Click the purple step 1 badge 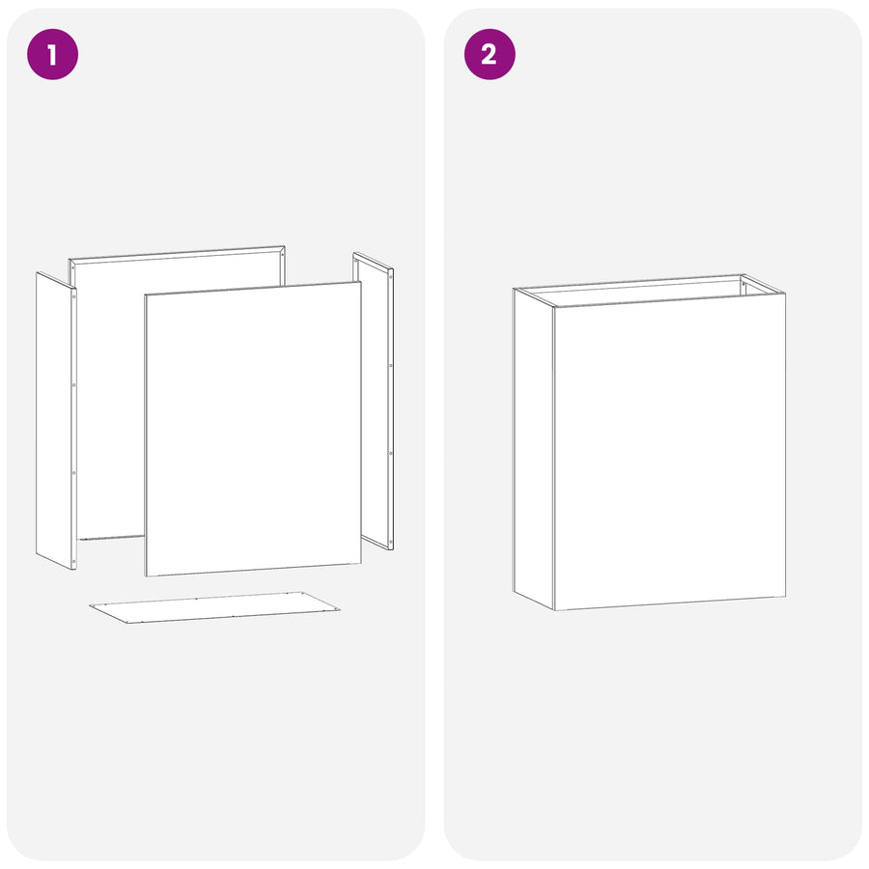click(53, 54)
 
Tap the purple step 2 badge click(490, 54)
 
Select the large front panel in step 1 click(253, 429)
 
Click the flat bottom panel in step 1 click(215, 607)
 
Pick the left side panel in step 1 click(56, 420)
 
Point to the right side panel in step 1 click(374, 401)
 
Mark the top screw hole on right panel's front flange click(391, 278)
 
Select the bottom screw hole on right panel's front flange click(391, 541)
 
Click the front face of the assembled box click(669, 452)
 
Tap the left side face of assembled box click(534, 449)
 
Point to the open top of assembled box click(649, 290)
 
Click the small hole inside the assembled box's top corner click(743, 284)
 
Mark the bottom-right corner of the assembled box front click(785, 597)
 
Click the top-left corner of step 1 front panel click(145, 294)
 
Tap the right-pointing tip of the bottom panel click(340, 610)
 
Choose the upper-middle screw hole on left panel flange click(73, 385)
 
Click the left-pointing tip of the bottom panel click(90, 605)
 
